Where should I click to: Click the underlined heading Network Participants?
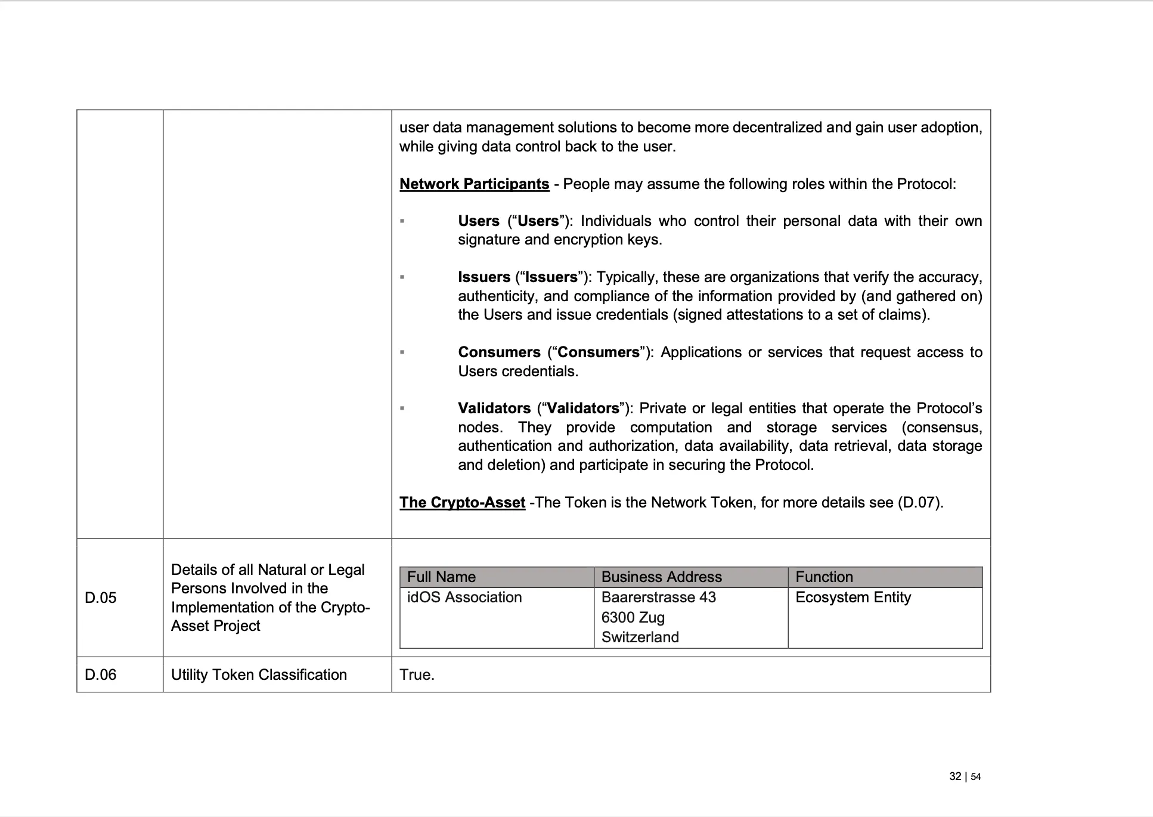pyautogui.click(x=474, y=184)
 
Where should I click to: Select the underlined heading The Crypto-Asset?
pyautogui.click(x=462, y=502)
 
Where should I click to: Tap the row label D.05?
pyautogui.click(x=101, y=598)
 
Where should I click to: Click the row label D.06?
pyautogui.click(x=101, y=674)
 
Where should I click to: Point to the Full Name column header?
pyautogui.click(x=441, y=577)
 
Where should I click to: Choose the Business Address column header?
pyautogui.click(x=661, y=577)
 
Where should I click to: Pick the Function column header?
pyautogui.click(x=824, y=577)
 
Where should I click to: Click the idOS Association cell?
pyautogui.click(x=464, y=597)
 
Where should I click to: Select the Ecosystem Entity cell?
pyautogui.click(x=853, y=597)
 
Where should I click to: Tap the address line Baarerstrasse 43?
pyautogui.click(x=658, y=597)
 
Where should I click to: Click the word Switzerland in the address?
pyautogui.click(x=640, y=637)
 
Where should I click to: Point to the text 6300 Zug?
pyautogui.click(x=633, y=617)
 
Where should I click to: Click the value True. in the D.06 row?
pyautogui.click(x=417, y=674)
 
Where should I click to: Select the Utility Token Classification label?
pyautogui.click(x=259, y=674)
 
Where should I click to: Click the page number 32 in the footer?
pyautogui.click(x=955, y=776)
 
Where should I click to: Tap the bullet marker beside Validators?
pyautogui.click(x=402, y=408)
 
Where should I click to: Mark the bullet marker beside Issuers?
pyautogui.click(x=402, y=277)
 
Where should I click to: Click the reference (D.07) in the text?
pyautogui.click(x=919, y=502)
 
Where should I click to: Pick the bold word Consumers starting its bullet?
pyautogui.click(x=499, y=352)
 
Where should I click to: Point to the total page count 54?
pyautogui.click(x=976, y=776)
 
